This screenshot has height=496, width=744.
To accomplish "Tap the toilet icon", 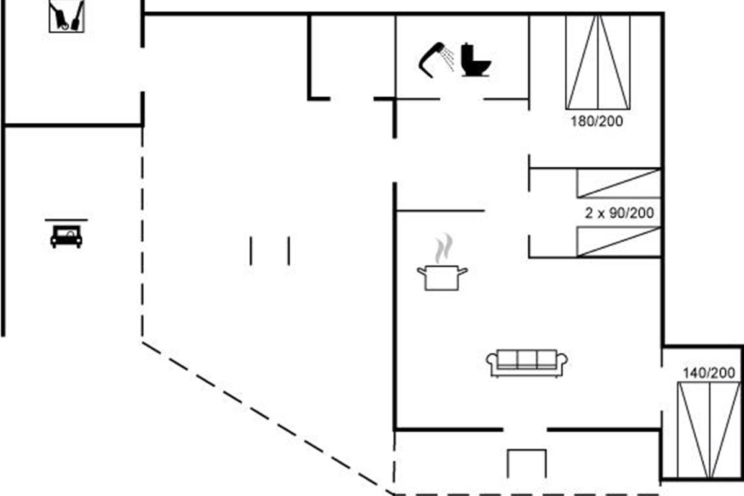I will (x=476, y=60).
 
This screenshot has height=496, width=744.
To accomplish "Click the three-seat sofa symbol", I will (x=528, y=363).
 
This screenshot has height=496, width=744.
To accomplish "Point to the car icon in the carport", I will (x=66, y=237).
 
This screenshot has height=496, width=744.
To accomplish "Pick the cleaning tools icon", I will (x=66, y=17).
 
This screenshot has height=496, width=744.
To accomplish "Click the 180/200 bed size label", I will (x=596, y=122).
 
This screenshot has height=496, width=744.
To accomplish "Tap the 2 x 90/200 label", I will (x=619, y=213).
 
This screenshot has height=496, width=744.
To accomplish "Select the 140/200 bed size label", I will (x=709, y=373).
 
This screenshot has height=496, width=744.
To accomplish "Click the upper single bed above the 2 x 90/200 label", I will (x=618, y=183).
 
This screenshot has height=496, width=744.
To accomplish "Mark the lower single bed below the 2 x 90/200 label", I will (x=618, y=242).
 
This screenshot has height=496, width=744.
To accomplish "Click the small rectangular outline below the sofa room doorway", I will (x=527, y=464).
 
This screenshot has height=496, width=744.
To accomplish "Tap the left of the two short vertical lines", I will (x=251, y=250).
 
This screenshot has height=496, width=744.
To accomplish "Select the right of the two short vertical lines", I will (x=289, y=250).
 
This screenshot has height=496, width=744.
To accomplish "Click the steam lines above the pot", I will (x=441, y=248).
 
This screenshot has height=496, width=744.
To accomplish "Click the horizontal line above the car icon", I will (x=66, y=219).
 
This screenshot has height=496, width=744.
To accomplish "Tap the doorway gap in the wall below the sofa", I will (x=525, y=429).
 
